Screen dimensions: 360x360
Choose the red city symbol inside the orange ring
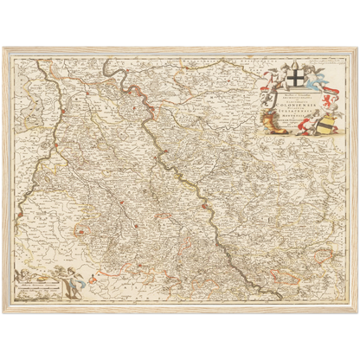[81, 230]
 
